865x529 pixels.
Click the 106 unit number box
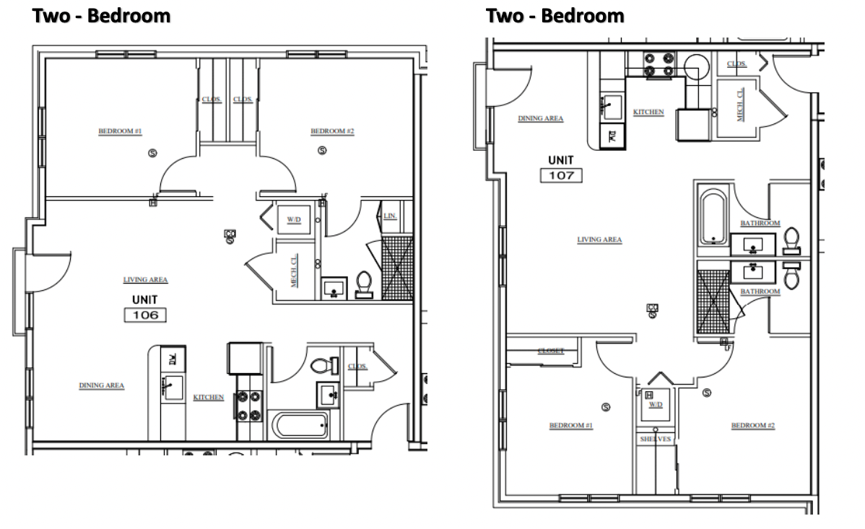(145, 315)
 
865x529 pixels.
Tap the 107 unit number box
(561, 175)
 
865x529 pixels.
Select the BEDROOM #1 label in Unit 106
(120, 131)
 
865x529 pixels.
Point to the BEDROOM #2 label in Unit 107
(752, 426)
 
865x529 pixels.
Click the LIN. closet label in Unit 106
(390, 216)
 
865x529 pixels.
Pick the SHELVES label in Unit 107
(656, 439)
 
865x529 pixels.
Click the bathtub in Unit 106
(300, 425)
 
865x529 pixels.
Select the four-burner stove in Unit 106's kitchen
(249, 405)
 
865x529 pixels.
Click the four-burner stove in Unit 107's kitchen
(658, 64)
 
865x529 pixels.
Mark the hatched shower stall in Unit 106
(396, 268)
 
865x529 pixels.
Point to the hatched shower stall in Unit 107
(713, 299)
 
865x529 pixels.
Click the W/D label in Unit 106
(294, 219)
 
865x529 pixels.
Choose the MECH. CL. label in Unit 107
(739, 105)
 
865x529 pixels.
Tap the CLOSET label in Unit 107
(551, 351)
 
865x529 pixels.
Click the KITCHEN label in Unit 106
(208, 398)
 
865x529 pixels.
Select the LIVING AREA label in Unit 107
(599, 240)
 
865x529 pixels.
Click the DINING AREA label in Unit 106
(102, 385)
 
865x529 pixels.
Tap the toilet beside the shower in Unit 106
(364, 284)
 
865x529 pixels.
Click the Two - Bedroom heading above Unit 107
(555, 15)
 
